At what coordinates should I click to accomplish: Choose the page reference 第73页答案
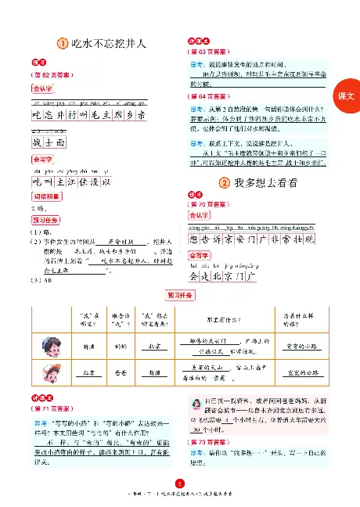point(207,443)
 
